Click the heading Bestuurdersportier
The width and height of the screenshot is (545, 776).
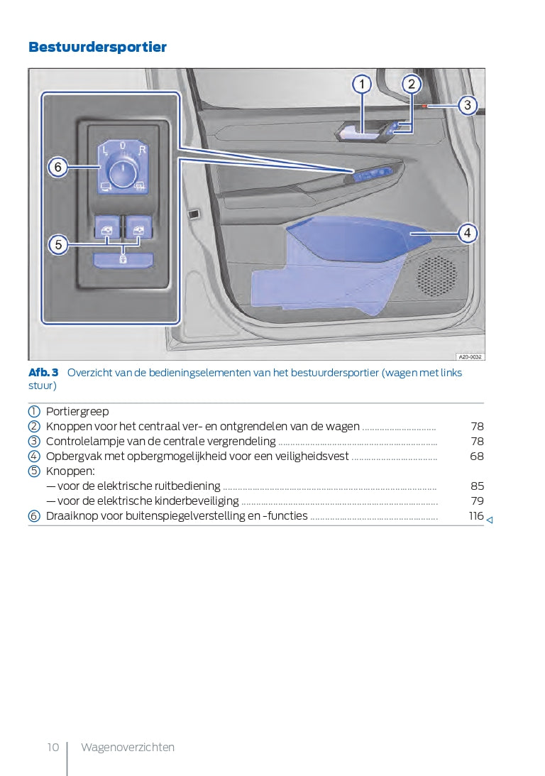[x=97, y=48]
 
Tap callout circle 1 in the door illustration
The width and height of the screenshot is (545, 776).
[x=362, y=84]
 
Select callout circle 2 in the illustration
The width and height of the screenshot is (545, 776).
[x=411, y=84]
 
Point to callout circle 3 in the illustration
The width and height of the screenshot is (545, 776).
[x=467, y=106]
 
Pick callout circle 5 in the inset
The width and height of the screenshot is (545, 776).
[x=58, y=245]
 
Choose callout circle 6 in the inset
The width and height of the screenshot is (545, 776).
[x=58, y=168]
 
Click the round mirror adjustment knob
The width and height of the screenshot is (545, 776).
[x=123, y=170]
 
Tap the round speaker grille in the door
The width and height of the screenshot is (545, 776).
[x=436, y=275]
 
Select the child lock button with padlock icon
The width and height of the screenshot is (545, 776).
[x=123, y=259]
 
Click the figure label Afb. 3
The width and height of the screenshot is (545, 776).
[x=43, y=373]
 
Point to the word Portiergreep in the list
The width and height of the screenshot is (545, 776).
[x=77, y=412]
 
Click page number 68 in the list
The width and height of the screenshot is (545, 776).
[x=477, y=457]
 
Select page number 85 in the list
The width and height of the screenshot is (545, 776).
[x=477, y=486]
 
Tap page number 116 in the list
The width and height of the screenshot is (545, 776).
[x=475, y=516]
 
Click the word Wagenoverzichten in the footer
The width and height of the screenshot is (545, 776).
[x=128, y=747]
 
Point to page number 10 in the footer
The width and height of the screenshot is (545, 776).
[x=53, y=747]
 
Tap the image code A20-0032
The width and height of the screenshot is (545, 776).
[x=470, y=356]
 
